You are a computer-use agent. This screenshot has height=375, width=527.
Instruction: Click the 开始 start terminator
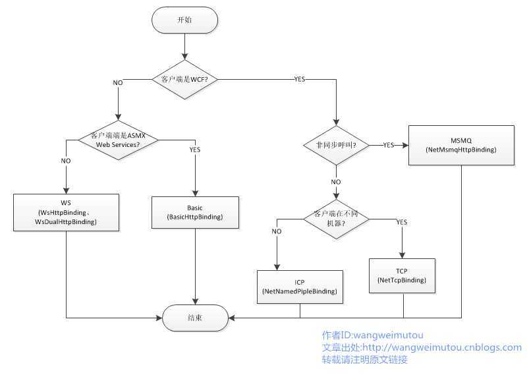tap(184, 20)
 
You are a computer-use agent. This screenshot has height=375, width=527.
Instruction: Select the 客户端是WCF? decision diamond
tap(185, 80)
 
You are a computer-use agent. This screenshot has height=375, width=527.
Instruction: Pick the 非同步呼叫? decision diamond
tap(335, 145)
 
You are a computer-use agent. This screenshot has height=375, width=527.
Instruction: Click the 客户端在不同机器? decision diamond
tap(336, 219)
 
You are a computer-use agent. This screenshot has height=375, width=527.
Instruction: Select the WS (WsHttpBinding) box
tap(66, 212)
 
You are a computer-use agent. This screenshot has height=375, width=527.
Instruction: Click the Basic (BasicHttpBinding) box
tap(195, 212)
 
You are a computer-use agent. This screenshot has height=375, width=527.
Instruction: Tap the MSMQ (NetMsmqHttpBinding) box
tap(460, 145)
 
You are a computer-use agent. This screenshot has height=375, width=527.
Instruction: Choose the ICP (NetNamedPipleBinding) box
tap(300, 285)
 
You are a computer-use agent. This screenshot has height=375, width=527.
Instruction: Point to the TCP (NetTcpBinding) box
tap(402, 275)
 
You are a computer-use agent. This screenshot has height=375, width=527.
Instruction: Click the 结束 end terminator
tap(195, 317)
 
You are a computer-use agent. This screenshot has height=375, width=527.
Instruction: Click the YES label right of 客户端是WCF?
tap(299, 80)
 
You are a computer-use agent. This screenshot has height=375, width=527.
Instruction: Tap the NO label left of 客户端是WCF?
tap(118, 83)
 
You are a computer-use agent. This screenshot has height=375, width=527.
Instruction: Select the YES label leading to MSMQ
tap(388, 145)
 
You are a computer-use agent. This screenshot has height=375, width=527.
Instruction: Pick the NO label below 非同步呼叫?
tap(336, 182)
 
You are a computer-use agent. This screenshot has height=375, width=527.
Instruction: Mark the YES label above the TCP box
tap(402, 222)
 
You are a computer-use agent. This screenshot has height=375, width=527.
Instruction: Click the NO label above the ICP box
tap(277, 231)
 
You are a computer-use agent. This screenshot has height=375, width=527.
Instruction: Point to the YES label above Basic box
tap(195, 149)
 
